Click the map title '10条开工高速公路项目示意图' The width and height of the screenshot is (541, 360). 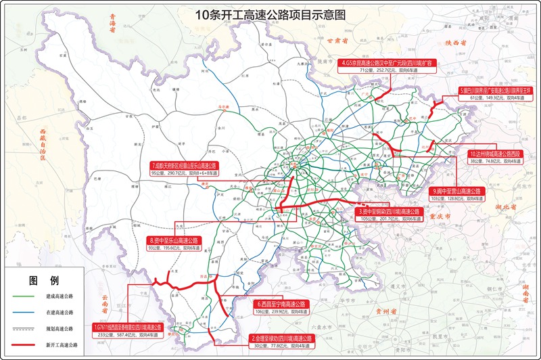270,14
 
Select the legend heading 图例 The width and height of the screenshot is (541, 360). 43,279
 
